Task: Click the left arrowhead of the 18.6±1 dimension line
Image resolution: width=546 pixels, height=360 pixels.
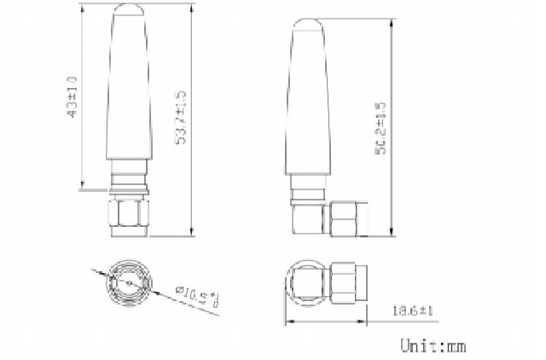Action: point(288,322)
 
